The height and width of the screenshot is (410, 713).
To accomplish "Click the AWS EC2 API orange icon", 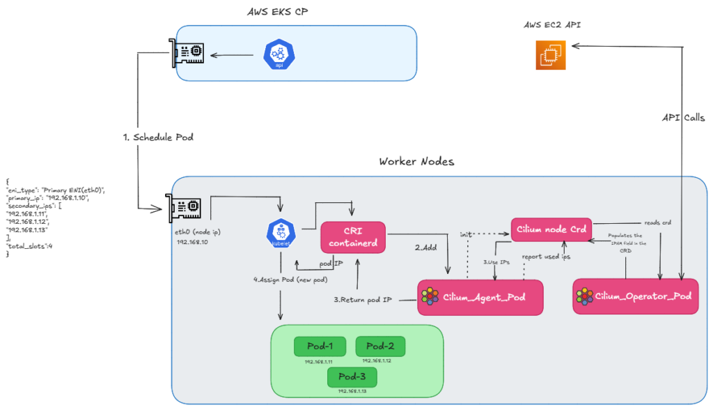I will tap(551, 55).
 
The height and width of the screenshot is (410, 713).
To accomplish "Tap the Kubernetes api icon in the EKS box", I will tap(279, 54).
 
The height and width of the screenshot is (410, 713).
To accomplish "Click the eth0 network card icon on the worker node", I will tap(185, 206).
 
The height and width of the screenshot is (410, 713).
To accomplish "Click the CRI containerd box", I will tap(353, 237).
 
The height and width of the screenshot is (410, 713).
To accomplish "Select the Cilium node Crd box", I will tap(550, 229).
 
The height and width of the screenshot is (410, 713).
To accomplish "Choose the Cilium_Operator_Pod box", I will tap(634, 297).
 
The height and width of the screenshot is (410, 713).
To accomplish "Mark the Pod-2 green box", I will tap(379, 346).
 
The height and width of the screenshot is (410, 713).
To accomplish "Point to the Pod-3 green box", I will tap(352, 377).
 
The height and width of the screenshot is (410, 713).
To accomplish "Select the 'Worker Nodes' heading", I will tap(416, 161).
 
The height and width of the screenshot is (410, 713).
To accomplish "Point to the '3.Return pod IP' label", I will tap(363, 300).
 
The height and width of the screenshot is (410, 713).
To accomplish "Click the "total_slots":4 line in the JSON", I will tap(29, 246).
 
